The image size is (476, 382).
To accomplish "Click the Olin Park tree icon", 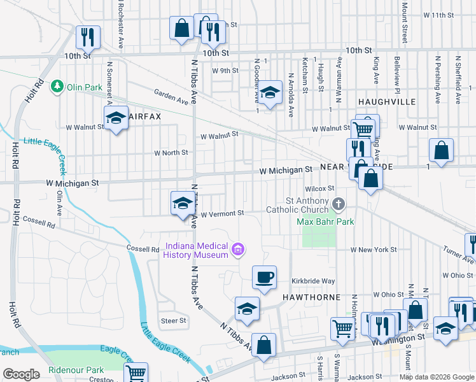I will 57,86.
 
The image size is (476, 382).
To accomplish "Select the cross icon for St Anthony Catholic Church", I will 339,204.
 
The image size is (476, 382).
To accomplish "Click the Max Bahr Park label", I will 325,222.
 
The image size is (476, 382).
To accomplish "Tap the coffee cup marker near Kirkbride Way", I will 265,278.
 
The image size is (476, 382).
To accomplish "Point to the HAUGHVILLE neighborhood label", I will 386,102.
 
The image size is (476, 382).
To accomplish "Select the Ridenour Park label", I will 76,370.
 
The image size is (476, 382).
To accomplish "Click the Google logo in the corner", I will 21,374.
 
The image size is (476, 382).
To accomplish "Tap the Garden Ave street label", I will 171,96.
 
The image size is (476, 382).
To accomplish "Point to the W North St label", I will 171,153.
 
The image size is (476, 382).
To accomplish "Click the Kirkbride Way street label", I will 313,281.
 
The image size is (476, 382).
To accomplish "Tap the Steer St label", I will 173,321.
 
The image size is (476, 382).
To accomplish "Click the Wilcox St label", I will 319,188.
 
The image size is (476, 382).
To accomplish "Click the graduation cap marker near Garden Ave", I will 270,94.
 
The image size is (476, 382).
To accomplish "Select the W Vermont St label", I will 222,214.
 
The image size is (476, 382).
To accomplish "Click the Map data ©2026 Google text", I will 437,377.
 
